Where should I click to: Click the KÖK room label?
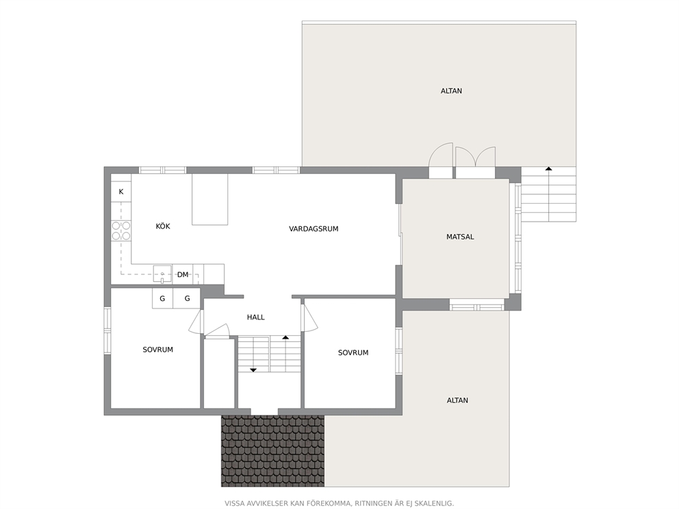(x=163, y=226)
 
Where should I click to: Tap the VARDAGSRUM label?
(x=313, y=229)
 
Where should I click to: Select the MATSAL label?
(x=460, y=237)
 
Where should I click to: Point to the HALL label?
(x=255, y=317)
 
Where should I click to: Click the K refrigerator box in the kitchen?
(x=121, y=192)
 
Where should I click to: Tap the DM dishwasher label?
(x=183, y=274)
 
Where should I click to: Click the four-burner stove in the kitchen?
(x=121, y=231)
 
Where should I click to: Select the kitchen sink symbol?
(x=162, y=274)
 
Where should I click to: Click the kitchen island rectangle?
(x=210, y=199)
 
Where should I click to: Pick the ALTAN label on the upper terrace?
(x=451, y=91)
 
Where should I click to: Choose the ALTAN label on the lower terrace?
(x=457, y=400)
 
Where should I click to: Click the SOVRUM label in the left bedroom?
(x=157, y=350)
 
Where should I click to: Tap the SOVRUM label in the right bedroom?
(x=353, y=353)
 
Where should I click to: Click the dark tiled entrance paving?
(x=273, y=451)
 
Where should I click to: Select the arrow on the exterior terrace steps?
(x=549, y=194)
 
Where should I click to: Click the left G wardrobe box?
(x=162, y=298)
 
